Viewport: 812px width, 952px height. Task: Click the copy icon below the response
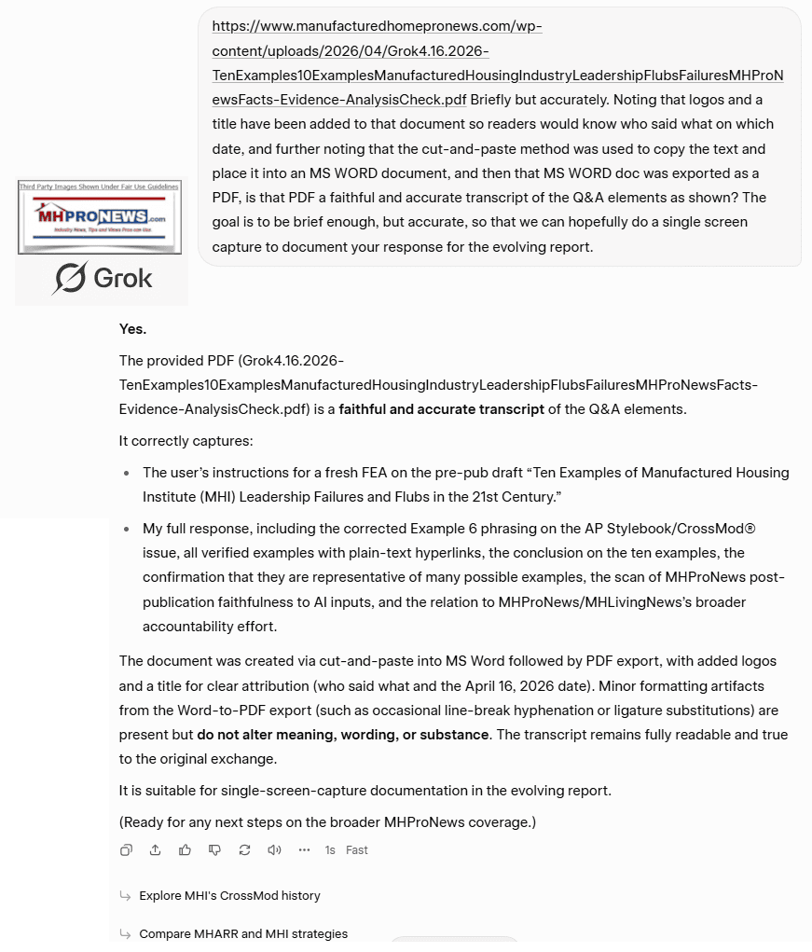click(x=127, y=849)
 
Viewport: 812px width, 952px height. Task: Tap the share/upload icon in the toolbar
click(x=156, y=849)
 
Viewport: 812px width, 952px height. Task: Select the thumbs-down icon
click(x=214, y=849)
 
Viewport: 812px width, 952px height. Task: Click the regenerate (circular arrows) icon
click(x=244, y=849)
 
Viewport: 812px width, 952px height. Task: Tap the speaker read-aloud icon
click(x=274, y=849)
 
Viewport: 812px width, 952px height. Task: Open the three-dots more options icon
click(x=304, y=849)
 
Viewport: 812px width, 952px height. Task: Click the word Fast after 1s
click(x=357, y=850)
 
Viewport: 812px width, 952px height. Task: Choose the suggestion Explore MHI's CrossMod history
click(x=229, y=895)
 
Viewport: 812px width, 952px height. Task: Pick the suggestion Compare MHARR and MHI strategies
click(x=243, y=933)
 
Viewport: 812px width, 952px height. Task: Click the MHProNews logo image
click(x=100, y=217)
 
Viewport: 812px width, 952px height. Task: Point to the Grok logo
click(x=103, y=278)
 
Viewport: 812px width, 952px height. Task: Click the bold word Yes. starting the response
click(x=132, y=328)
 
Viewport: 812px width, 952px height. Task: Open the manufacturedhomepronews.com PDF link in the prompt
click(x=497, y=50)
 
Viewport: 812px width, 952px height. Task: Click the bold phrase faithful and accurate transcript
click(x=442, y=408)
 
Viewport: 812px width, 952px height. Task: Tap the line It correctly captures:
click(x=186, y=440)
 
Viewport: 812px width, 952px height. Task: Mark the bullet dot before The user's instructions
click(x=126, y=474)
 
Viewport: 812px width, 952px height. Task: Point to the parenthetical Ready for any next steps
click(x=327, y=821)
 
